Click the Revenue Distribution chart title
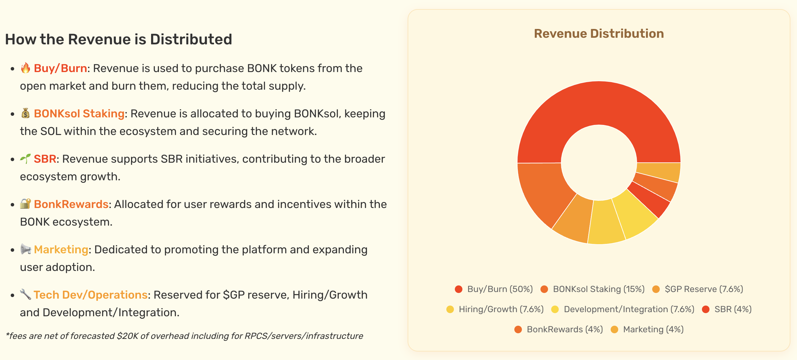click(x=599, y=34)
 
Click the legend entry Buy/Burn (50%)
click(x=500, y=289)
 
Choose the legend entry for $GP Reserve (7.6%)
click(x=704, y=289)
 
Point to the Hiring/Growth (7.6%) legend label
click(x=501, y=309)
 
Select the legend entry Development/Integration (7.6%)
click(x=629, y=309)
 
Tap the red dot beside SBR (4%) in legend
click(x=706, y=309)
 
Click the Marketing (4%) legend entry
click(x=653, y=329)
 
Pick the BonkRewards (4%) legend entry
click(x=565, y=329)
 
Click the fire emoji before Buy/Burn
click(x=25, y=68)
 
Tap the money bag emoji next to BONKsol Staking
click(x=25, y=113)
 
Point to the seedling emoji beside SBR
click(x=25, y=159)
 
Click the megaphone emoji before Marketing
click(x=25, y=249)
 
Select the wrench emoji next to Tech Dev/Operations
click(x=25, y=295)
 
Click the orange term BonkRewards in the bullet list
click(x=71, y=204)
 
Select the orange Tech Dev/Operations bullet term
click(x=91, y=295)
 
